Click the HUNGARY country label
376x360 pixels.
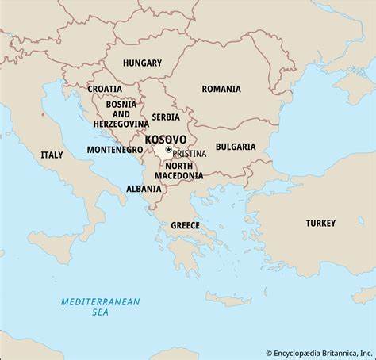click(143, 63)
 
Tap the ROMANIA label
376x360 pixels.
click(221, 89)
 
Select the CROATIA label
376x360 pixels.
click(105, 89)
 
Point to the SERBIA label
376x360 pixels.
click(166, 117)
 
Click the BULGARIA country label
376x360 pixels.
click(236, 147)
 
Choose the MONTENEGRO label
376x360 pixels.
click(115, 149)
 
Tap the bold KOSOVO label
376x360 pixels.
click(166, 139)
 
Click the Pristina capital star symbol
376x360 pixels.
click(168, 149)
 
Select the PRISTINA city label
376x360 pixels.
click(190, 153)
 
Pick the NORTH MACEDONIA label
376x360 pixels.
click(178, 170)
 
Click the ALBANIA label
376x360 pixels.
click(144, 189)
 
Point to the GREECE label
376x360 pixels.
click(185, 225)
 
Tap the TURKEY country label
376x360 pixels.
click(320, 223)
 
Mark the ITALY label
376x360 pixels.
click(52, 155)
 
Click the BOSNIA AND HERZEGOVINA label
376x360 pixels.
click(121, 113)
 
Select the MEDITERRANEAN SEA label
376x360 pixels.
click(100, 307)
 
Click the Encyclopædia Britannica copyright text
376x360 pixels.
click(320, 353)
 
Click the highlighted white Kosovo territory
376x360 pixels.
click(161, 151)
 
